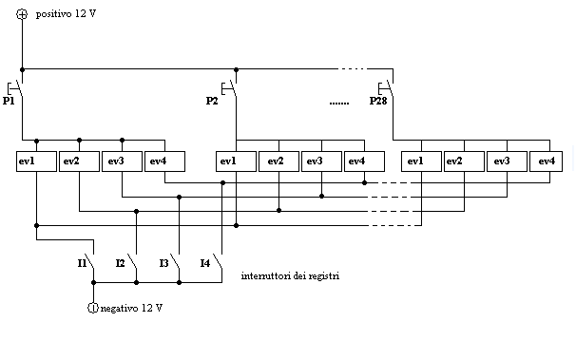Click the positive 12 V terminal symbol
22,14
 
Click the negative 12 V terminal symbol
92,308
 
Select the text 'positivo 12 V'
67,15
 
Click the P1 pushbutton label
9,100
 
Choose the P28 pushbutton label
379,100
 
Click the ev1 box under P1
36,161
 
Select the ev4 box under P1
164,161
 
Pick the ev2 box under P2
278,161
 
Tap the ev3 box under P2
321,161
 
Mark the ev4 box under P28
547,161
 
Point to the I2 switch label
120,262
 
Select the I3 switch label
163,262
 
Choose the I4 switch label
205,261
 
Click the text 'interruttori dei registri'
290,275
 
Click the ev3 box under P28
506,161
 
